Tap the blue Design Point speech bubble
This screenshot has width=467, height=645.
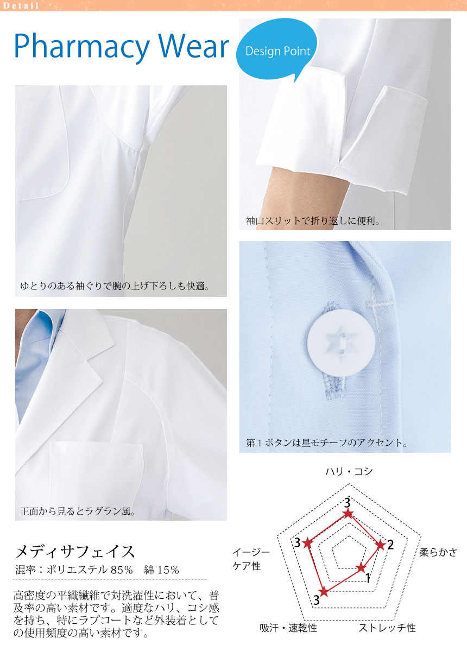click(x=277, y=50)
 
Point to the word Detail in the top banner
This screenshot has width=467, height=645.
click(x=21, y=6)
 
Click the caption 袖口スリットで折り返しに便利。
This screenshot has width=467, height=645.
click(x=313, y=222)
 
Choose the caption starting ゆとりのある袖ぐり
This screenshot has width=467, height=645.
click(x=115, y=286)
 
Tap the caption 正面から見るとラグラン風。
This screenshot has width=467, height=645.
click(x=78, y=511)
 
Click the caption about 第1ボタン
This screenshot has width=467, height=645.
click(x=327, y=442)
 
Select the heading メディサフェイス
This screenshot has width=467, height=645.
click(x=75, y=551)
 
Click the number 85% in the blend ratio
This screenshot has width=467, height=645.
click(x=122, y=570)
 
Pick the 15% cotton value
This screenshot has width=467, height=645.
click(x=168, y=570)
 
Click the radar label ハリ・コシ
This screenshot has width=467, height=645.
click(x=349, y=471)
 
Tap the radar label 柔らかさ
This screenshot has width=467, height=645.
click(x=438, y=553)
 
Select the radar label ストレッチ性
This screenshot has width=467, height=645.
click(x=387, y=628)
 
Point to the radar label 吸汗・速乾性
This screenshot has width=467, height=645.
click(x=288, y=628)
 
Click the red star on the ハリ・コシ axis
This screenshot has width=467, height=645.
click(x=349, y=514)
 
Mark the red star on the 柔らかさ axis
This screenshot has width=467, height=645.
click(x=381, y=546)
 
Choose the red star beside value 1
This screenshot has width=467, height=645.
click(x=361, y=568)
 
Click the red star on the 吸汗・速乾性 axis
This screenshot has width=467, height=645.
click(x=324, y=592)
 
